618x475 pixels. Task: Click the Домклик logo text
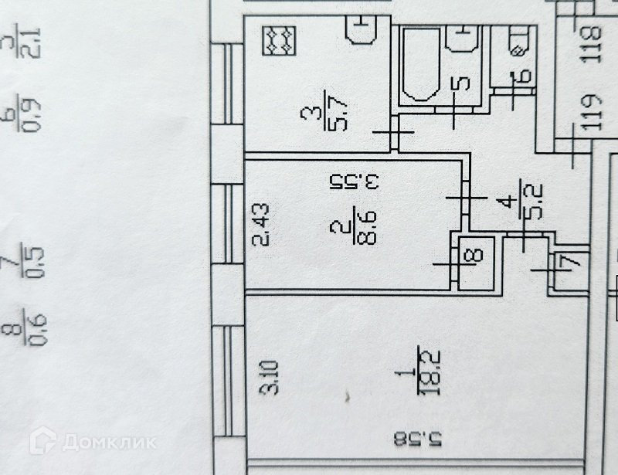107,442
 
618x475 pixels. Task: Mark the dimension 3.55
355,183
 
